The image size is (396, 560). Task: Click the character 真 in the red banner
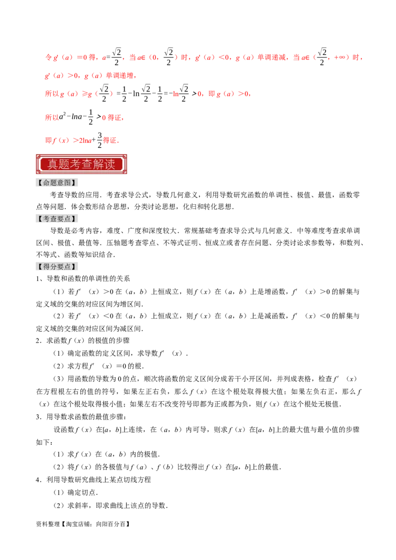pos(53,164)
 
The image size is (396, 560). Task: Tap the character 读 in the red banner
pos(110,164)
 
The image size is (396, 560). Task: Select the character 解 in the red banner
pos(99,164)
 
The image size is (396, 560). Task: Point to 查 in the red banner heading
pos(87,164)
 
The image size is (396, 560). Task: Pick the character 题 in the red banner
pos(64,164)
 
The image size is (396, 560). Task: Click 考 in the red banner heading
pos(76,164)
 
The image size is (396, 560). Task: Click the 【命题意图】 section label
pos(57,183)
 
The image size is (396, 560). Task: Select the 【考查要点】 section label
pos(57,219)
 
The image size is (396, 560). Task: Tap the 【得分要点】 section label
pos(57,267)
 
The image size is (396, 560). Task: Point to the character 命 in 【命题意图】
pos(47,183)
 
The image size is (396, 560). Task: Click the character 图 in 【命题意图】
pos(68,183)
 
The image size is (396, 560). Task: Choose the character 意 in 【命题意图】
pos(61,183)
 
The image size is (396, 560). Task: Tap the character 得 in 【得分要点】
pos(47,267)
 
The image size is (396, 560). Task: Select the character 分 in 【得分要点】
pos(53,267)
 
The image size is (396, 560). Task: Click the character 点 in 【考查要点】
pos(68,219)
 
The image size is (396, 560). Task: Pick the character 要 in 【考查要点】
pos(61,219)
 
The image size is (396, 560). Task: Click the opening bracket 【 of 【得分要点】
pos(40,267)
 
